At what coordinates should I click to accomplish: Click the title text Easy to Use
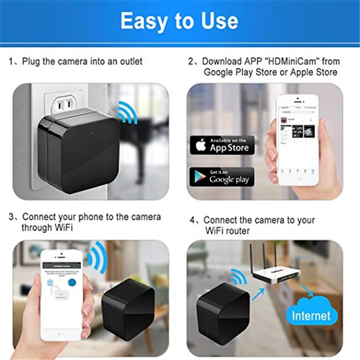[179, 21]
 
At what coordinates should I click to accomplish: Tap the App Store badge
[221, 145]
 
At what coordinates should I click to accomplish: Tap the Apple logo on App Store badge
[201, 145]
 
